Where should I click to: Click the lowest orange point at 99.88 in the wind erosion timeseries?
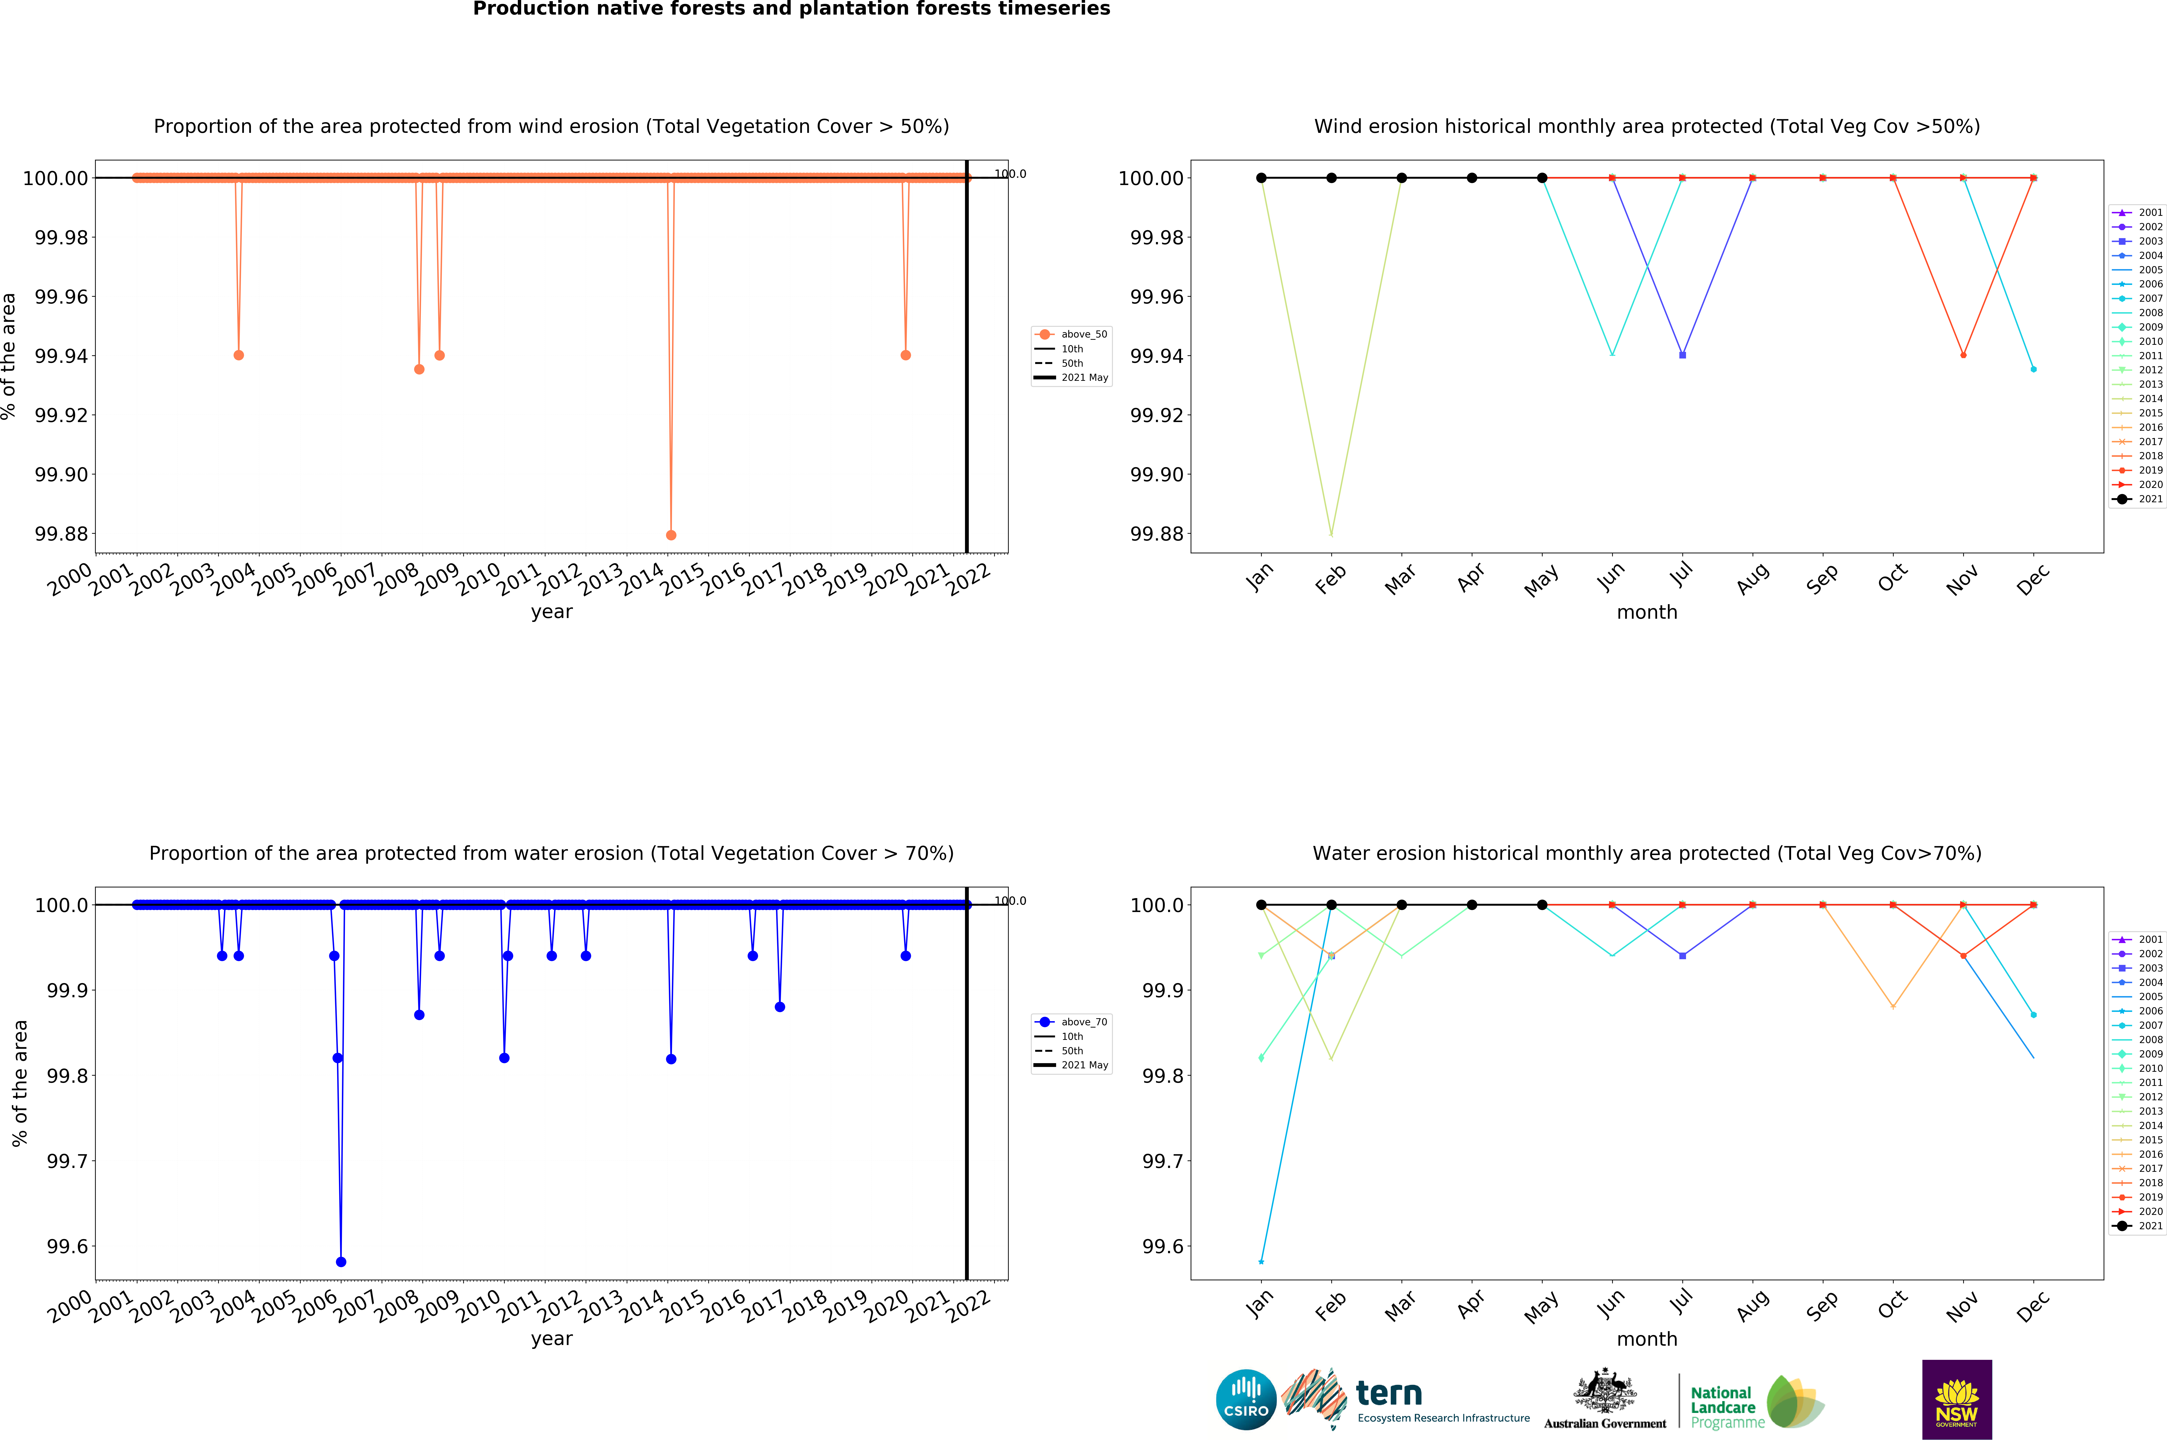tap(671, 535)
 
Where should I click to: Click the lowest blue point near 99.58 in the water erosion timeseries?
tap(341, 1262)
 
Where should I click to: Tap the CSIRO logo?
tap(1246, 1399)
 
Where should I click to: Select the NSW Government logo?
tap(1956, 1399)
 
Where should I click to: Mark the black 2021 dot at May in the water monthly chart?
tap(1542, 905)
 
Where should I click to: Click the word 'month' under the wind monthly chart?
tap(1647, 612)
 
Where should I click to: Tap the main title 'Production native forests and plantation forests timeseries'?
tap(791, 9)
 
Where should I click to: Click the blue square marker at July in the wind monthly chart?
tap(1682, 355)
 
